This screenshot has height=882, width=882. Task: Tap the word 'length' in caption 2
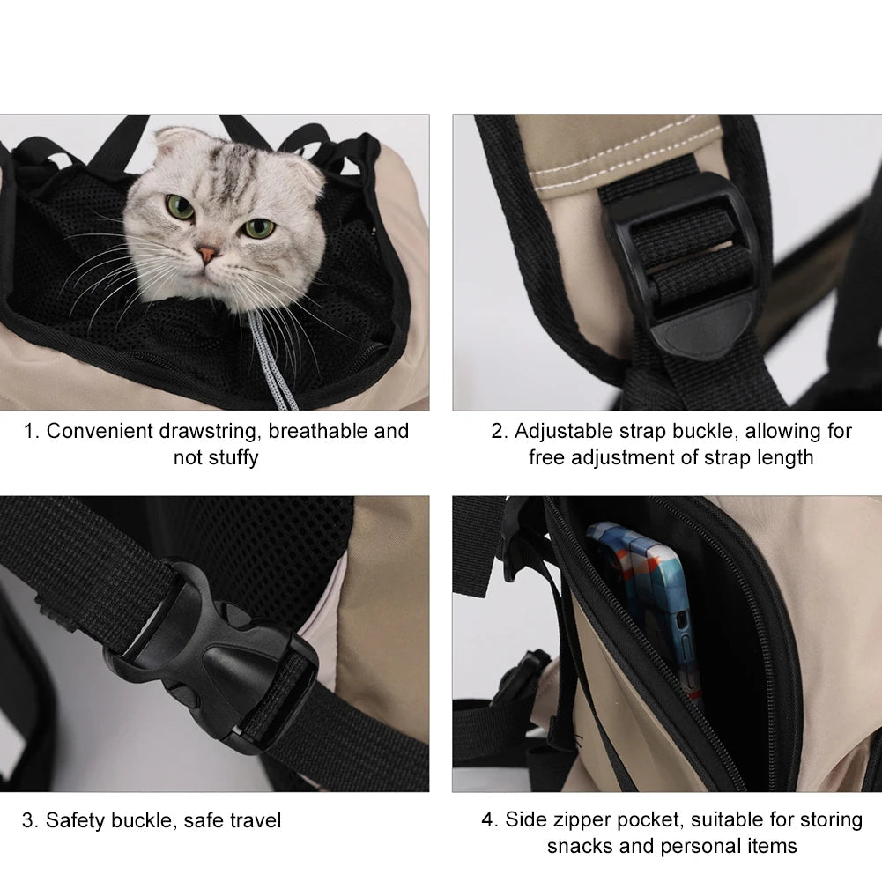785,458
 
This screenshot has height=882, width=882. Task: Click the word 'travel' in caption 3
255,820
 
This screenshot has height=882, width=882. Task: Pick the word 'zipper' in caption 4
581,820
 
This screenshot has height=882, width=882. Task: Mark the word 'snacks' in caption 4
580,847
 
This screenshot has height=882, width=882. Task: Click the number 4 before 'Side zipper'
487,820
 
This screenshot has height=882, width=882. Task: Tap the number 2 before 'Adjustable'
497,432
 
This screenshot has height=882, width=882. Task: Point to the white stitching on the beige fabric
625,147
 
